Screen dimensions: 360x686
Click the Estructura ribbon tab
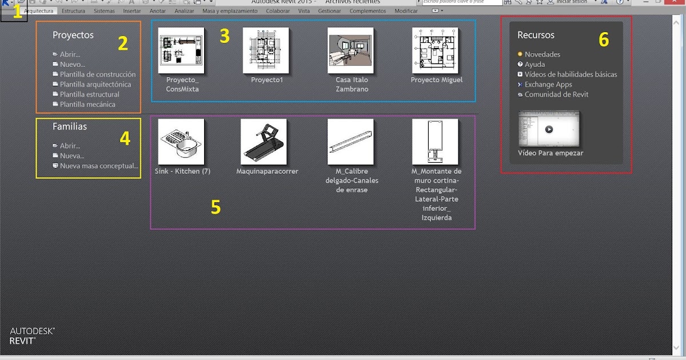pyautogui.click(x=73, y=11)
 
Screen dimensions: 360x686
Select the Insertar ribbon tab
pyautogui.click(x=132, y=11)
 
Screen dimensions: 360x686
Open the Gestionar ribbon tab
pyautogui.click(x=329, y=11)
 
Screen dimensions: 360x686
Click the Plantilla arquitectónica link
pyautogui.click(x=95, y=85)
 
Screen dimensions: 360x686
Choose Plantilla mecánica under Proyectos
pyautogui.click(x=87, y=105)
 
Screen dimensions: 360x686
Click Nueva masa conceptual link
pyautogui.click(x=99, y=166)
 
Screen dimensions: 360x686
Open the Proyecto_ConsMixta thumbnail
pyautogui.click(x=181, y=50)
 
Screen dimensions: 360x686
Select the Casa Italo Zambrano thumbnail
pyautogui.click(x=351, y=50)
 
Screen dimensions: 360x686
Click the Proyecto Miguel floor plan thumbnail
pyautogui.click(x=435, y=50)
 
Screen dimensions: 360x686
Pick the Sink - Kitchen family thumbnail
pyautogui.click(x=181, y=142)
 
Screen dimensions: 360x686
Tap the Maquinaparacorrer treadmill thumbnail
pyautogui.click(x=264, y=142)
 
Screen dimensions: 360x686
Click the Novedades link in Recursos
pyautogui.click(x=543, y=55)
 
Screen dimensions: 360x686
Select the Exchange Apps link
pyautogui.click(x=548, y=85)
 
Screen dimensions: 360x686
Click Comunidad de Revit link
pyautogui.click(x=556, y=95)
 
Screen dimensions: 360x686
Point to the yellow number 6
pyautogui.click(x=604, y=39)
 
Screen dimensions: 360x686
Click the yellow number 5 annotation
pyautogui.click(x=216, y=207)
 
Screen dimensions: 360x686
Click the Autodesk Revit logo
pyautogui.click(x=32, y=335)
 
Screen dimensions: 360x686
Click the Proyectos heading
pyautogui.click(x=73, y=35)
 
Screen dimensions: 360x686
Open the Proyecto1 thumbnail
pyautogui.click(x=266, y=50)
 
